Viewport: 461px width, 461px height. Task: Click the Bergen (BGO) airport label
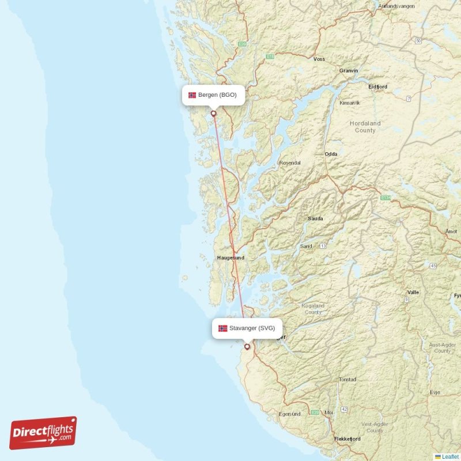(217, 95)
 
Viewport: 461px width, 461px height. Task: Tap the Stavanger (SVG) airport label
(252, 328)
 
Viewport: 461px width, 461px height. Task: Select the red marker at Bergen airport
(214, 113)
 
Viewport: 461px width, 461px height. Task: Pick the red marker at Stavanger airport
(247, 346)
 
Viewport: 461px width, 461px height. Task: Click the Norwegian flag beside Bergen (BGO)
(192, 95)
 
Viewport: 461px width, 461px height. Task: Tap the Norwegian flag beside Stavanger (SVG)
(222, 328)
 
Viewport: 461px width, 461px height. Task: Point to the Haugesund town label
(231, 258)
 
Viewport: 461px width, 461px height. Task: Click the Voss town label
(319, 59)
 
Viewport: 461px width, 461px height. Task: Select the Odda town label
(331, 154)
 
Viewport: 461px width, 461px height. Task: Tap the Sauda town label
(315, 219)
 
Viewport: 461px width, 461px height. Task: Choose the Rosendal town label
(289, 163)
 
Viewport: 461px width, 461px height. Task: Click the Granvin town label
(349, 70)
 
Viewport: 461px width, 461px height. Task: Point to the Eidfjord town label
(377, 87)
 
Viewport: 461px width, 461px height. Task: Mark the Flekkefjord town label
(347, 439)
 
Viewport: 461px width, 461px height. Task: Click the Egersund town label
(290, 414)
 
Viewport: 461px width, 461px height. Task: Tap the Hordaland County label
(365, 127)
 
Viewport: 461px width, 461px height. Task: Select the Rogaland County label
(313, 309)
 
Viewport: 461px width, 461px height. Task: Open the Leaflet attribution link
(449, 456)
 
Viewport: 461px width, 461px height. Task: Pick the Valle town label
(413, 292)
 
